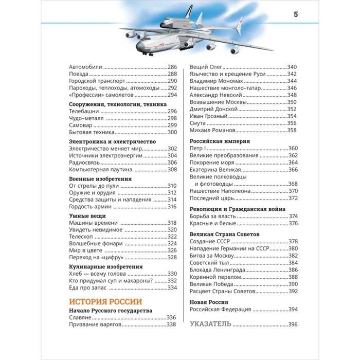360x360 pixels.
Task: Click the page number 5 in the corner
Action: pyautogui.click(x=296, y=14)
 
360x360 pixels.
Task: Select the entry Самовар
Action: pyautogui.click(x=80, y=125)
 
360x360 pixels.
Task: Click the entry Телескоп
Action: pyautogui.click(x=81, y=237)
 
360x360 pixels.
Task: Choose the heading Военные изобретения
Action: pyautogui.click(x=100, y=178)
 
